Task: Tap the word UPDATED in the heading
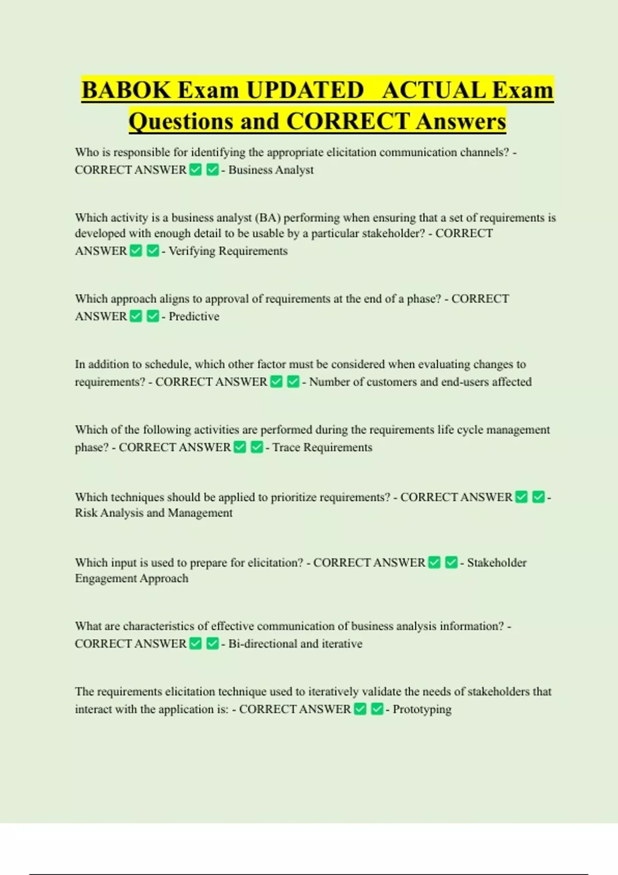[x=305, y=91]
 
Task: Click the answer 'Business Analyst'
[x=271, y=170]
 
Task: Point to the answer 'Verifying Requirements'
[x=228, y=251]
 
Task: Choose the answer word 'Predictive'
[x=194, y=317]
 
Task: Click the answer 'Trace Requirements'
[x=322, y=447]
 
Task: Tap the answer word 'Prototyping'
[x=422, y=709]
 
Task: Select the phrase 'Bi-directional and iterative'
[x=295, y=644]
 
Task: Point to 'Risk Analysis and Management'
[x=153, y=513]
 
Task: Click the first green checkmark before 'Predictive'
[x=136, y=316]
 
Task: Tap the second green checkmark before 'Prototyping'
[x=377, y=709]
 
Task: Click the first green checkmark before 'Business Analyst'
[x=196, y=170]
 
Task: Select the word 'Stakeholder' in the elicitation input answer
[x=497, y=563]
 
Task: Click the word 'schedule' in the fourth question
[x=168, y=364]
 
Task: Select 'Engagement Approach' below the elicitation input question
[x=131, y=579]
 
